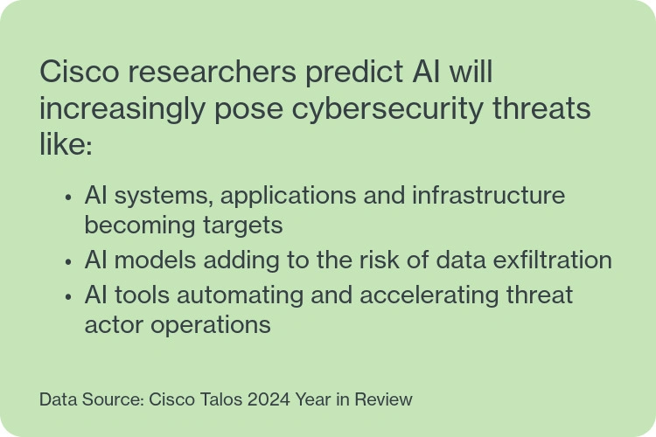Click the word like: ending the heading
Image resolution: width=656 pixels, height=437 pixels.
point(66,146)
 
